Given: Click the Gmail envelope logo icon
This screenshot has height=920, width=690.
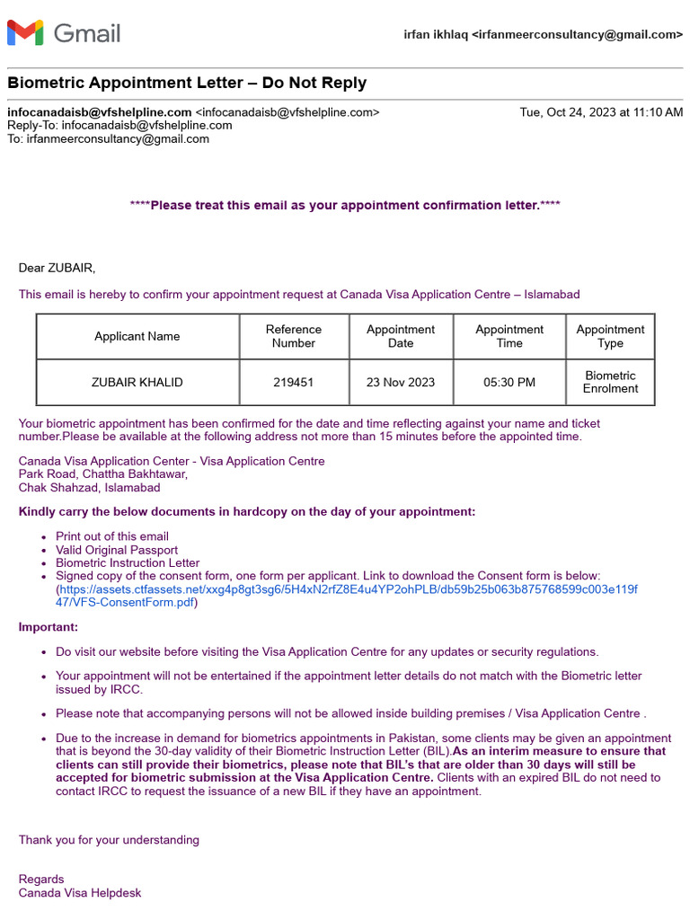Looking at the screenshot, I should [25, 33].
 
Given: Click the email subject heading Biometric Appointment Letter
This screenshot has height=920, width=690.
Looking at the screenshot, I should [187, 83].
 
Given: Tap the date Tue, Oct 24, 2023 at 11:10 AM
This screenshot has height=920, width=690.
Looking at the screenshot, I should [601, 112].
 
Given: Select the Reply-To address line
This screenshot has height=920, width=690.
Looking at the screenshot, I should [119, 126].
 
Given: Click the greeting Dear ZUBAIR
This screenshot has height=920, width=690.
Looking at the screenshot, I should [57, 268].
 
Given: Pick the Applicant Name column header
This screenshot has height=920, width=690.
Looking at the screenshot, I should [137, 336].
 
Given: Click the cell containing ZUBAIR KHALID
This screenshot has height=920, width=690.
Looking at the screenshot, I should [137, 382].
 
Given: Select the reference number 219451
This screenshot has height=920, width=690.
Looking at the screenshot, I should [294, 382].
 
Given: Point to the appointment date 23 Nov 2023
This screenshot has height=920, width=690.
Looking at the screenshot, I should [401, 382].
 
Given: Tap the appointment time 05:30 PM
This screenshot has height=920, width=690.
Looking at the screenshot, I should [509, 382].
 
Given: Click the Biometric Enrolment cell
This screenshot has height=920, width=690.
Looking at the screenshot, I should [610, 382].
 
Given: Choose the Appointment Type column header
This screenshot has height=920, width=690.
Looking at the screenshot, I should [610, 336].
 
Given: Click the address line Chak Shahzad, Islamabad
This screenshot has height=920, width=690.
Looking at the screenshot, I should [90, 488].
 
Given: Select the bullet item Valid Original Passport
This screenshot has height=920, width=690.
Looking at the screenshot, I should [117, 550].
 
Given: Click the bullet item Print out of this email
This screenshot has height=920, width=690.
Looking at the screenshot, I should [112, 536].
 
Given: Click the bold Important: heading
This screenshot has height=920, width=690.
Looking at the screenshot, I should [49, 627].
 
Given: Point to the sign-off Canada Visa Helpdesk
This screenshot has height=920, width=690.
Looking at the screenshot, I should [80, 893].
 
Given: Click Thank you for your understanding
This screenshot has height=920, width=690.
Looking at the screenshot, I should [109, 840].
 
